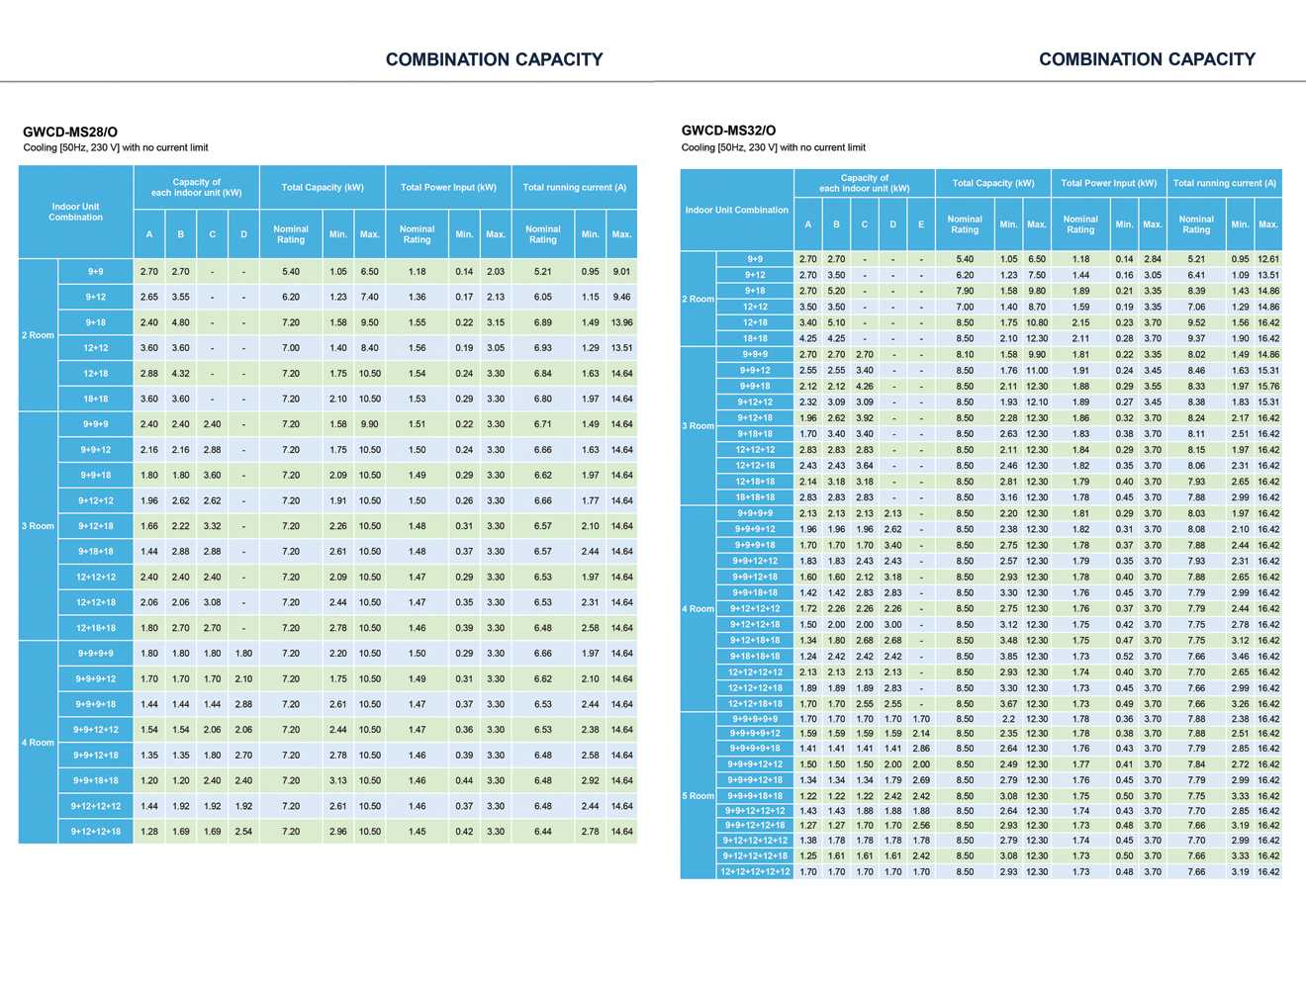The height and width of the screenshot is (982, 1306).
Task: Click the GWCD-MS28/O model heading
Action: [70, 132]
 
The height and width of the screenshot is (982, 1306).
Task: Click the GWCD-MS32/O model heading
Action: [728, 130]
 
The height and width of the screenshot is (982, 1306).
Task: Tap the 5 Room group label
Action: [698, 795]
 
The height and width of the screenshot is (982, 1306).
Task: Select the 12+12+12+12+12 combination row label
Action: [755, 871]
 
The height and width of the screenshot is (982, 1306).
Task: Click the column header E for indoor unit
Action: [920, 224]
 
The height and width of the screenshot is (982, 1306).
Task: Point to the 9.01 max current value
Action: [621, 271]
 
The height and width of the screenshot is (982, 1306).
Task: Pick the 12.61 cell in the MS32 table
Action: [1267, 259]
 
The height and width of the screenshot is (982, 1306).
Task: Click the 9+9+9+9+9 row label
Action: [755, 719]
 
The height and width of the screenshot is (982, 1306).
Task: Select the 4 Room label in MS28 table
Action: [38, 742]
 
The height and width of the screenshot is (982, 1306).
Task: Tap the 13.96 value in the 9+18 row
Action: [621, 322]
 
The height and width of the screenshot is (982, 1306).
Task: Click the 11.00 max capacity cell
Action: [1036, 370]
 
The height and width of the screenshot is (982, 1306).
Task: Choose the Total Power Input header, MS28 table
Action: [448, 187]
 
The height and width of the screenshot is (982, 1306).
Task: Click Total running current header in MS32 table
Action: [1224, 183]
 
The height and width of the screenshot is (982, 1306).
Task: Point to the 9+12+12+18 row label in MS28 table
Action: [95, 831]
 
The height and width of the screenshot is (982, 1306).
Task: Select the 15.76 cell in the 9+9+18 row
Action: [1267, 386]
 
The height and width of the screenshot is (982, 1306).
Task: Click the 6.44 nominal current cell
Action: [542, 831]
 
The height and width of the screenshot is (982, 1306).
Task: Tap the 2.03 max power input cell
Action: [496, 271]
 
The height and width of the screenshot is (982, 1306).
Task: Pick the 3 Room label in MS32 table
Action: [698, 425]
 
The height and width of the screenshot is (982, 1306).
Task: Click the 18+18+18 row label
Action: [755, 496]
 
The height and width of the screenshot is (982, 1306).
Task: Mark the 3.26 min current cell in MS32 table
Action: [1240, 703]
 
